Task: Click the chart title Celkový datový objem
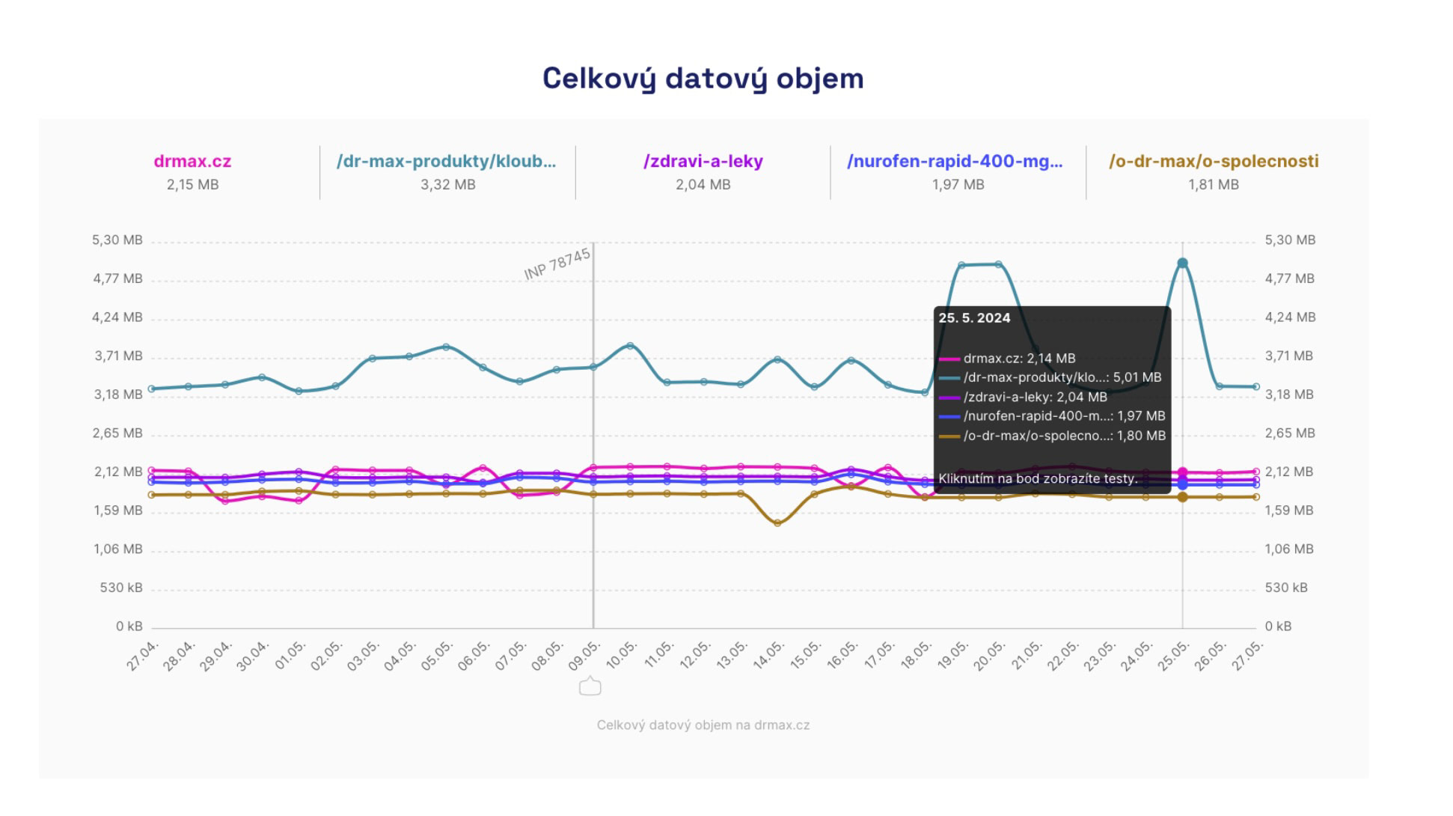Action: [x=703, y=79]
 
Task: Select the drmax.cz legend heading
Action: [x=192, y=162]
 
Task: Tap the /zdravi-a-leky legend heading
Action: [x=703, y=162]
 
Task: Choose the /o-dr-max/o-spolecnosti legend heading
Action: [x=1213, y=162]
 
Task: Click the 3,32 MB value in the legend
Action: [x=447, y=185]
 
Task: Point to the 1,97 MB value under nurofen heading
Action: [x=958, y=185]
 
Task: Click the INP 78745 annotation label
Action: [x=557, y=264]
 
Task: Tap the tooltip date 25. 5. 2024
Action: [x=974, y=318]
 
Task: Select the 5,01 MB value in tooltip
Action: [x=1137, y=378]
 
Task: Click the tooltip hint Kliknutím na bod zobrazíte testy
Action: [x=1038, y=479]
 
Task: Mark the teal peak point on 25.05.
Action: [x=1182, y=264]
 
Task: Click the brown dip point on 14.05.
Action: [x=777, y=523]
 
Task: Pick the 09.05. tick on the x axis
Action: [x=584, y=655]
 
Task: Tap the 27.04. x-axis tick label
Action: [x=142, y=656]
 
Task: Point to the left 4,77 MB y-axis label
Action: [x=117, y=279]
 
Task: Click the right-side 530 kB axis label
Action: [x=1286, y=588]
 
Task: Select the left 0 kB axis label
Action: [x=129, y=627]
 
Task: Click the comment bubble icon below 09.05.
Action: [x=590, y=686]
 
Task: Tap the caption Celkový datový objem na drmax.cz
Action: [x=703, y=725]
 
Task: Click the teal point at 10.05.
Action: [x=630, y=346]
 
